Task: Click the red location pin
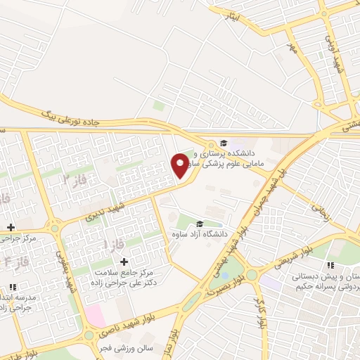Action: (x=180, y=165)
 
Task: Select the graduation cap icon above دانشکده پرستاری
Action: (x=224, y=141)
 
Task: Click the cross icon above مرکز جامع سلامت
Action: (x=124, y=262)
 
